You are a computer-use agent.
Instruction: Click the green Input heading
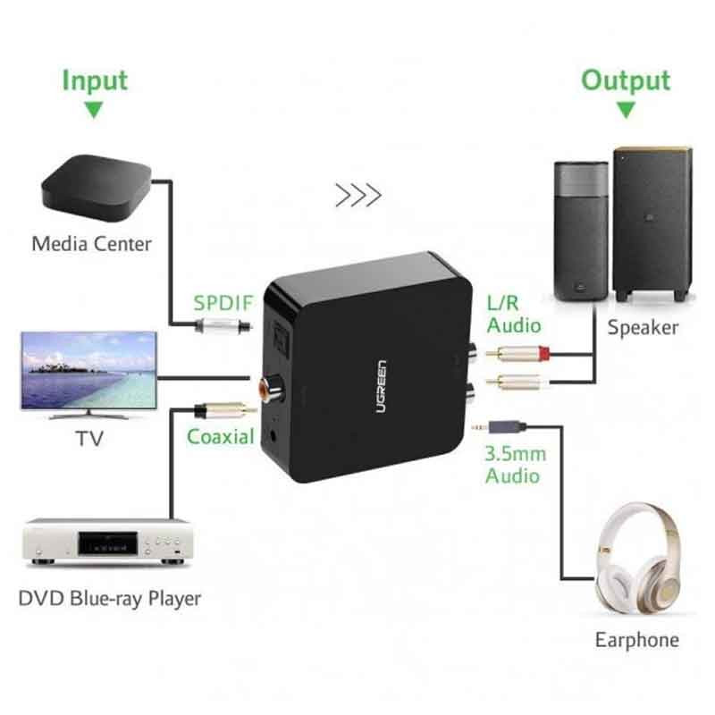tap(95, 80)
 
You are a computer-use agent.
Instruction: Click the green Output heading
tap(626, 80)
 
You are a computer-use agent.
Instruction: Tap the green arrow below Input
tap(94, 111)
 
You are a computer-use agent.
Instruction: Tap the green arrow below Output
tap(626, 111)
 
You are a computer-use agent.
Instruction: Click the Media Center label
tap(92, 243)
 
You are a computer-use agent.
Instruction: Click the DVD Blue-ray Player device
tap(106, 542)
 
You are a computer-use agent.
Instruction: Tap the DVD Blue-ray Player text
tap(109, 597)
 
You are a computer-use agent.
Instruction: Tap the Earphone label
tap(636, 640)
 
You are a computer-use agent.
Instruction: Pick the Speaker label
tap(643, 327)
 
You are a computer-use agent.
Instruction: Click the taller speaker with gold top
tap(652, 223)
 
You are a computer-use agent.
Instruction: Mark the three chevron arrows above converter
tap(358, 196)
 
